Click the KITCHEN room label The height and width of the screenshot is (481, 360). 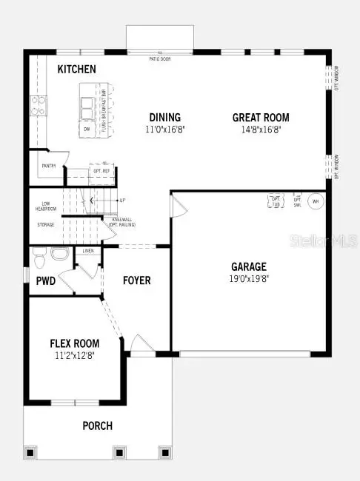click(77, 70)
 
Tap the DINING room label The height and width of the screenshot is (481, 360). click(164, 117)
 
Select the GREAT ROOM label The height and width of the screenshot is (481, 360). click(261, 117)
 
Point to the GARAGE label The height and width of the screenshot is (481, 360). click(248, 266)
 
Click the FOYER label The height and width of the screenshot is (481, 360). click(137, 280)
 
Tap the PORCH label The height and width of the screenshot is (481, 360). click(98, 425)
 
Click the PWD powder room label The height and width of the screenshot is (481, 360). click(44, 281)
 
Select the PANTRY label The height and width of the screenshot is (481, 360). click(48, 166)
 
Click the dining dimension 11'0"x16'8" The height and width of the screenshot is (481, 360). click(164, 129)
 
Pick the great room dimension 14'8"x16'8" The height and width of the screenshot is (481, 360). click(261, 129)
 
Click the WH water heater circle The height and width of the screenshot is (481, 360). click(316, 201)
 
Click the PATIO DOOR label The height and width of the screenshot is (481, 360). click(159, 58)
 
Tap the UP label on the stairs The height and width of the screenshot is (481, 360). click(122, 201)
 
